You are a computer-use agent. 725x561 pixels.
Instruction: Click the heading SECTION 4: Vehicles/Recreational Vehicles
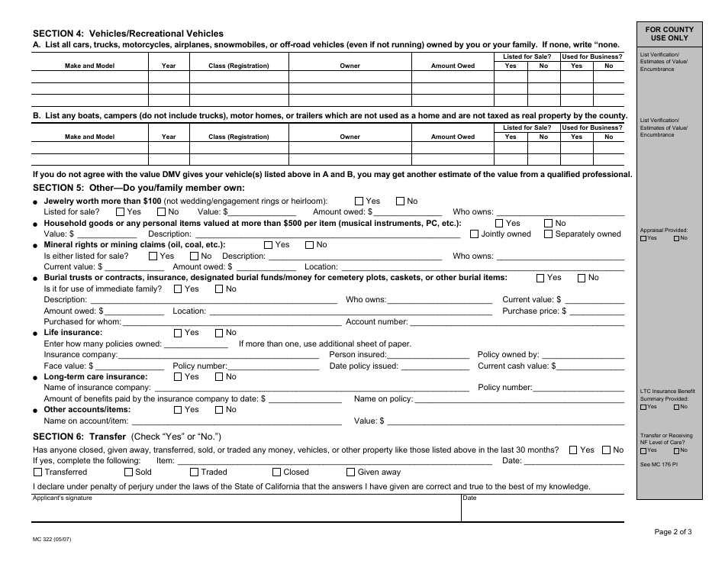[128, 34]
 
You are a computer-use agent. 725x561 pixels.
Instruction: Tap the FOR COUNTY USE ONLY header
[669, 34]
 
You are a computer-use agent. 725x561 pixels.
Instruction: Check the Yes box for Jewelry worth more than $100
[359, 202]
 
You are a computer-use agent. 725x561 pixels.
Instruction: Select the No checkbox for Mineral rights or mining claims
[309, 245]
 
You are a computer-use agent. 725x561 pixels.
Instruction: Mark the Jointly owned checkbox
[475, 234]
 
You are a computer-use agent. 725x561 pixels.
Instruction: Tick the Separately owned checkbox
[548, 234]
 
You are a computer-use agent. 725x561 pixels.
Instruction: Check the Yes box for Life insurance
[179, 333]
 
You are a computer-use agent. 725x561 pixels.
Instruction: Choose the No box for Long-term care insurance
[219, 377]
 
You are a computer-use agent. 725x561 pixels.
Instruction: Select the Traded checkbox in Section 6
[194, 472]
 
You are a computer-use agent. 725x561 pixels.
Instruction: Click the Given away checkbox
[351, 472]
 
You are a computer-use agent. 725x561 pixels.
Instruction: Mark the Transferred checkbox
[37, 472]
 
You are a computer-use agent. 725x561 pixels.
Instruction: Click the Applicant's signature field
[244, 511]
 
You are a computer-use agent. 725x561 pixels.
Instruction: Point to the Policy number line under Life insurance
[272, 366]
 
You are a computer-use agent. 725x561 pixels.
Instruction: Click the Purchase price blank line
[597, 311]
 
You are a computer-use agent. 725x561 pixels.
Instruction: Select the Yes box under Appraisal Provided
[643, 238]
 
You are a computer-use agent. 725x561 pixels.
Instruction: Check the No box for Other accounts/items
[219, 410]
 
